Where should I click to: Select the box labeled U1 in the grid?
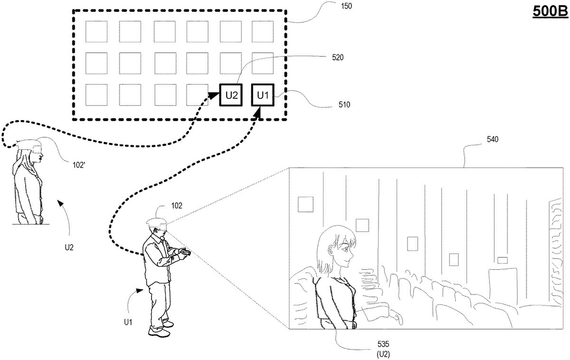coord(263,95)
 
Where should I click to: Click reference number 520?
coord(338,57)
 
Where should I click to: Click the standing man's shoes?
coord(160,330)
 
